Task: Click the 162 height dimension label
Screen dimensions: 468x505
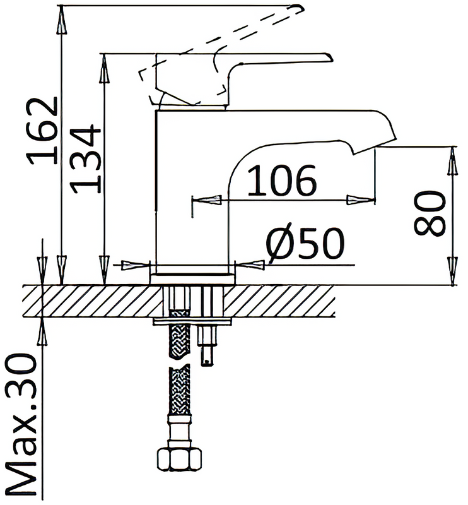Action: click(x=42, y=131)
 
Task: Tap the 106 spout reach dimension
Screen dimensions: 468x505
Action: click(x=282, y=181)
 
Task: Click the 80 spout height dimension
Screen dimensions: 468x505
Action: click(x=430, y=213)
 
